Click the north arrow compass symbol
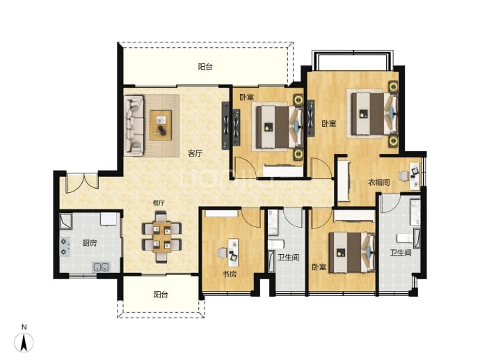click(x=24, y=342)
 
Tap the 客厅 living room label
click(x=195, y=153)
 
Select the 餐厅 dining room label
click(x=159, y=203)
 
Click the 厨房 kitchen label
click(x=90, y=243)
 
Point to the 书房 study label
click(x=230, y=274)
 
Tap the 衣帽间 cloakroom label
click(x=378, y=182)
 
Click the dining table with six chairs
click(x=161, y=237)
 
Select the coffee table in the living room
click(x=161, y=125)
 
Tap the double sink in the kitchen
click(x=101, y=267)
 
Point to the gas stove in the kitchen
click(x=65, y=247)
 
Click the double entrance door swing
click(x=83, y=183)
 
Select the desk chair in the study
click(x=223, y=253)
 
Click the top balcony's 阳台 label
click(x=205, y=66)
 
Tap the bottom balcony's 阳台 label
click(x=161, y=295)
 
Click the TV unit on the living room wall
click(x=225, y=125)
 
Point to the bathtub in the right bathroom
click(x=417, y=237)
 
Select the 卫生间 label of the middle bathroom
click(x=289, y=257)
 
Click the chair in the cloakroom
click(x=403, y=176)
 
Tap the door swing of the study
click(x=250, y=218)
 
